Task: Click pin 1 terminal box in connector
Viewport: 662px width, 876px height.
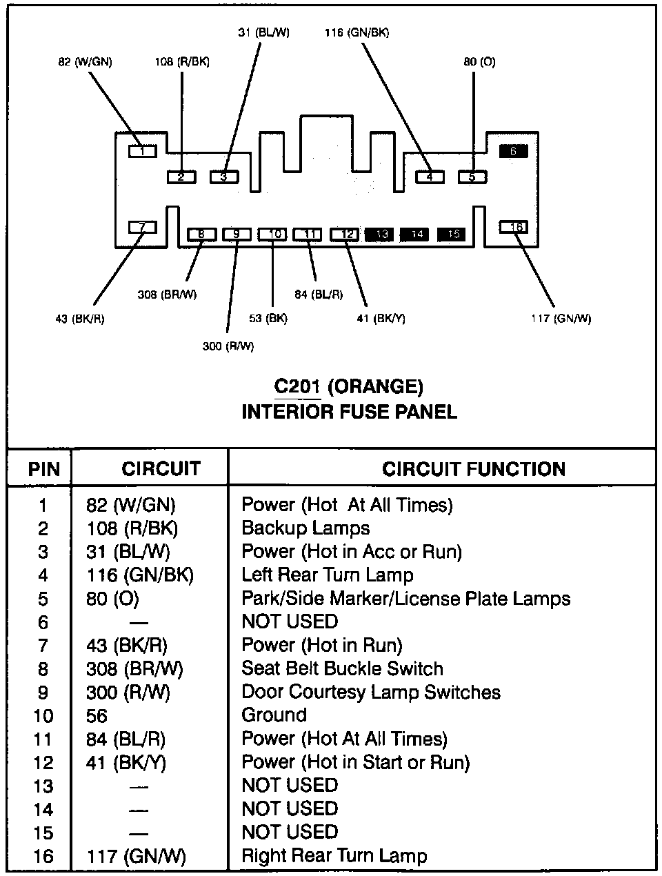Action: pyautogui.click(x=143, y=150)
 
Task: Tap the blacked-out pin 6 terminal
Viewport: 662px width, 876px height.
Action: pyautogui.click(x=513, y=151)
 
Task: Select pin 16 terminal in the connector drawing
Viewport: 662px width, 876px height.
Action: pyautogui.click(x=513, y=227)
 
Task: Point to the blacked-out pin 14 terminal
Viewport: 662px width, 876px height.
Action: pyautogui.click(x=417, y=235)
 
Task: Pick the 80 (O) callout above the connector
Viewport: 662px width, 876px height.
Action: pyautogui.click(x=479, y=62)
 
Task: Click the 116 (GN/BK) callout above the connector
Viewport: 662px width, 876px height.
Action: pyautogui.click(x=357, y=32)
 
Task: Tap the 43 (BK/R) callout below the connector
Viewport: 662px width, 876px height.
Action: pyautogui.click(x=80, y=319)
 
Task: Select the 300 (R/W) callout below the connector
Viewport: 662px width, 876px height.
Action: pyautogui.click(x=228, y=346)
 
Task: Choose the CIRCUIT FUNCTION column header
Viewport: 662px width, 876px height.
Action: pyautogui.click(x=474, y=470)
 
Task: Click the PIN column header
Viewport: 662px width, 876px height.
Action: pyautogui.click(x=43, y=470)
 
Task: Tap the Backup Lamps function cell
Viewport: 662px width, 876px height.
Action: pyautogui.click(x=305, y=528)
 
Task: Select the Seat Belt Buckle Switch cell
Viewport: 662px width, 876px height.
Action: pyautogui.click(x=342, y=668)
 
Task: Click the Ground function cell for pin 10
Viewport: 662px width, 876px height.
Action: pyautogui.click(x=274, y=715)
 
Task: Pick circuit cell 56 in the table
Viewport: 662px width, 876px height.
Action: pyautogui.click(x=97, y=716)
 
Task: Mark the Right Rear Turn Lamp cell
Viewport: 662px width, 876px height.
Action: pyautogui.click(x=334, y=856)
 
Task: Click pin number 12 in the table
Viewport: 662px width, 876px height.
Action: pyautogui.click(x=43, y=763)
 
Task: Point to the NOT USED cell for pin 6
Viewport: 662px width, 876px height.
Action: pyautogui.click(x=290, y=621)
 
